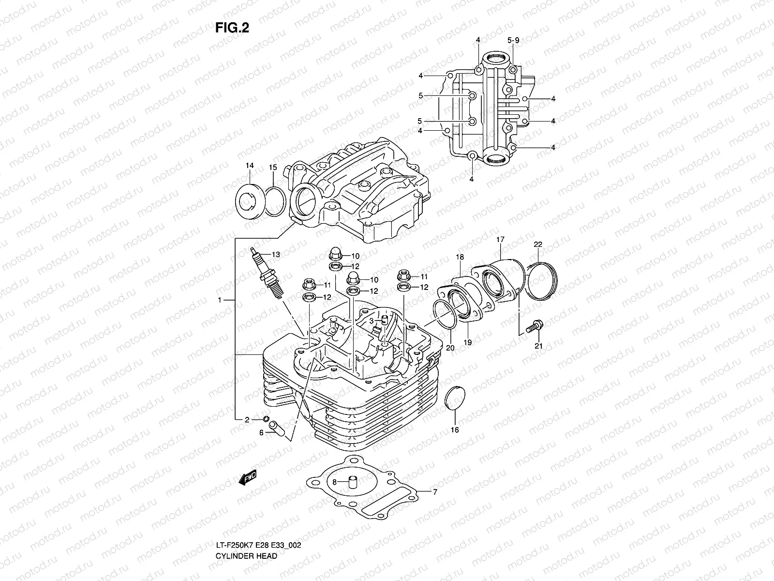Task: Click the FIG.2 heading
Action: point(232,28)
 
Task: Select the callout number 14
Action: point(249,166)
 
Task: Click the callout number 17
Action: point(500,240)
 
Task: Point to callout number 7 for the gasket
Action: point(434,492)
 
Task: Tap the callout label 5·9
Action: point(513,41)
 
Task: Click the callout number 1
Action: point(219,300)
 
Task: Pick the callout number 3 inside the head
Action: point(371,321)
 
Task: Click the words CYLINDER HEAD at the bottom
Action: point(246,529)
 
